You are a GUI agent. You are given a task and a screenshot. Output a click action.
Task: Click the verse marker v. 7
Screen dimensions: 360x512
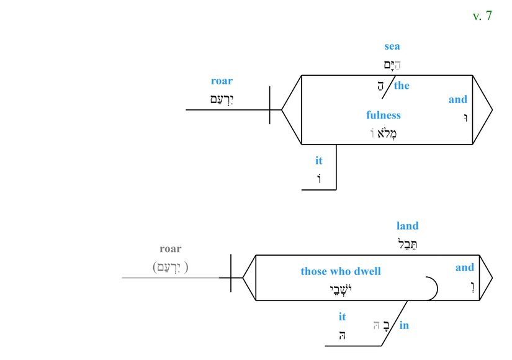(x=482, y=16)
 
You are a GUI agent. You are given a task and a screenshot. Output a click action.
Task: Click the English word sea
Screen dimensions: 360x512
(x=392, y=46)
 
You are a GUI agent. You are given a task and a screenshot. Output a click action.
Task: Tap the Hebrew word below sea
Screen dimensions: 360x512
(x=392, y=63)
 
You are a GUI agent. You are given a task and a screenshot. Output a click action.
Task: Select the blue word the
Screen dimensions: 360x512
(x=402, y=86)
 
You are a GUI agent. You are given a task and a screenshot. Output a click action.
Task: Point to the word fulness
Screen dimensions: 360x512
(x=384, y=115)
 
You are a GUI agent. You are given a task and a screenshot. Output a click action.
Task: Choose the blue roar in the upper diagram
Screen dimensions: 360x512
(x=222, y=81)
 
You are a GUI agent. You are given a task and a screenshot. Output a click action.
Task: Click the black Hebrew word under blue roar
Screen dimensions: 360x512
(x=222, y=98)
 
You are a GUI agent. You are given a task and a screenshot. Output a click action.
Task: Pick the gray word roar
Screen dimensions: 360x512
(x=171, y=249)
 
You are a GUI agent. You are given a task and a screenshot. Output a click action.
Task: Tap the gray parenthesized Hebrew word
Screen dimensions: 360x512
(x=170, y=267)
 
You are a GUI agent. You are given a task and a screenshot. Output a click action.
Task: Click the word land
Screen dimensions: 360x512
(x=408, y=226)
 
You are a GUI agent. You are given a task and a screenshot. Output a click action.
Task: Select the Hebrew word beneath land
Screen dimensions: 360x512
(x=408, y=243)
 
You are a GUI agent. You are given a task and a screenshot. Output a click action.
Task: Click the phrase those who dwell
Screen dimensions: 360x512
(x=341, y=271)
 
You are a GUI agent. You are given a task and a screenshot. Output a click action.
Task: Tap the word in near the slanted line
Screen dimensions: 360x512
(x=404, y=325)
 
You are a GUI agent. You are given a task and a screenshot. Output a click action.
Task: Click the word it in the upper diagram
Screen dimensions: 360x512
(x=319, y=161)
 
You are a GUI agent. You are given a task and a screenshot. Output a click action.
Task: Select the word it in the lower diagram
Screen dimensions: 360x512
(x=342, y=317)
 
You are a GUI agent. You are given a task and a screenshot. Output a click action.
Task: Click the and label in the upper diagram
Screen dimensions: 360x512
(x=458, y=99)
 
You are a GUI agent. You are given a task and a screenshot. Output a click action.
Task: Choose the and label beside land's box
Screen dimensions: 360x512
(x=465, y=268)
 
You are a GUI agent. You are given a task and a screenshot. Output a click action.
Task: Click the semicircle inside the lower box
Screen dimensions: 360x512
(x=432, y=289)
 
